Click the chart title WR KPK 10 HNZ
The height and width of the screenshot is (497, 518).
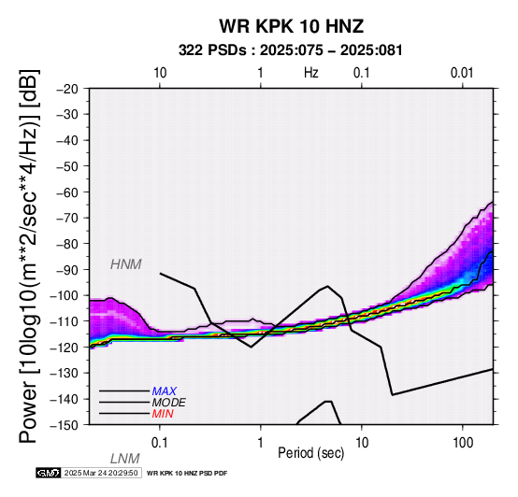[x=292, y=26]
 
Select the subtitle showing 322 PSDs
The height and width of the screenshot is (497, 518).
[x=291, y=50]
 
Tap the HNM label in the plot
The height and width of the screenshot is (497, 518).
[x=126, y=264]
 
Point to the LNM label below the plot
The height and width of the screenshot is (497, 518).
[x=125, y=459]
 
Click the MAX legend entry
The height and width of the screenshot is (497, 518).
[x=164, y=391]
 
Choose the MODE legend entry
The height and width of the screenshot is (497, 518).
[x=168, y=403]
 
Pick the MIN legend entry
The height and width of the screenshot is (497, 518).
[x=163, y=414]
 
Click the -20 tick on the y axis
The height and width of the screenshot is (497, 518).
[x=67, y=89]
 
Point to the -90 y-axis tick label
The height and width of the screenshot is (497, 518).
[x=67, y=270]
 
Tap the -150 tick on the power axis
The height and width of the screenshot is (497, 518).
[x=65, y=425]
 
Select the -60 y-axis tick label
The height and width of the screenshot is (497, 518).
[x=67, y=192]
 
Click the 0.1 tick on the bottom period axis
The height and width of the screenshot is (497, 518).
[x=160, y=443]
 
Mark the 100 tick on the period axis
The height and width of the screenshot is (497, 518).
[x=463, y=443]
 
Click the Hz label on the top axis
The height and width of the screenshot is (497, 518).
[x=311, y=73]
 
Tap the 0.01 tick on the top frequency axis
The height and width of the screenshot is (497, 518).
[x=462, y=73]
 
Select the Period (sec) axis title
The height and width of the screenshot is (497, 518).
[x=311, y=453]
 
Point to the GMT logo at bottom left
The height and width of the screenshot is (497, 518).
[x=49, y=473]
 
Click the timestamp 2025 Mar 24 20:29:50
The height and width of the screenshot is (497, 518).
[x=101, y=473]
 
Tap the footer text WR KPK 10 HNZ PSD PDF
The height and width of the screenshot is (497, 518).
[x=187, y=474]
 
